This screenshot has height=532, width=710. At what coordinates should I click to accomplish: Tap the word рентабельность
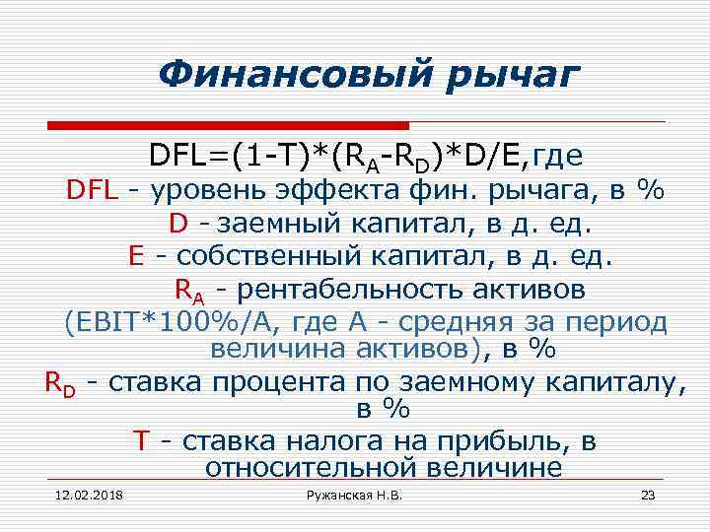coord(359,291)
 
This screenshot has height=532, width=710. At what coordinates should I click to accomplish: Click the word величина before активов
coord(259,351)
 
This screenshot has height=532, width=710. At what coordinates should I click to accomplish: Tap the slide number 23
coord(648,495)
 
